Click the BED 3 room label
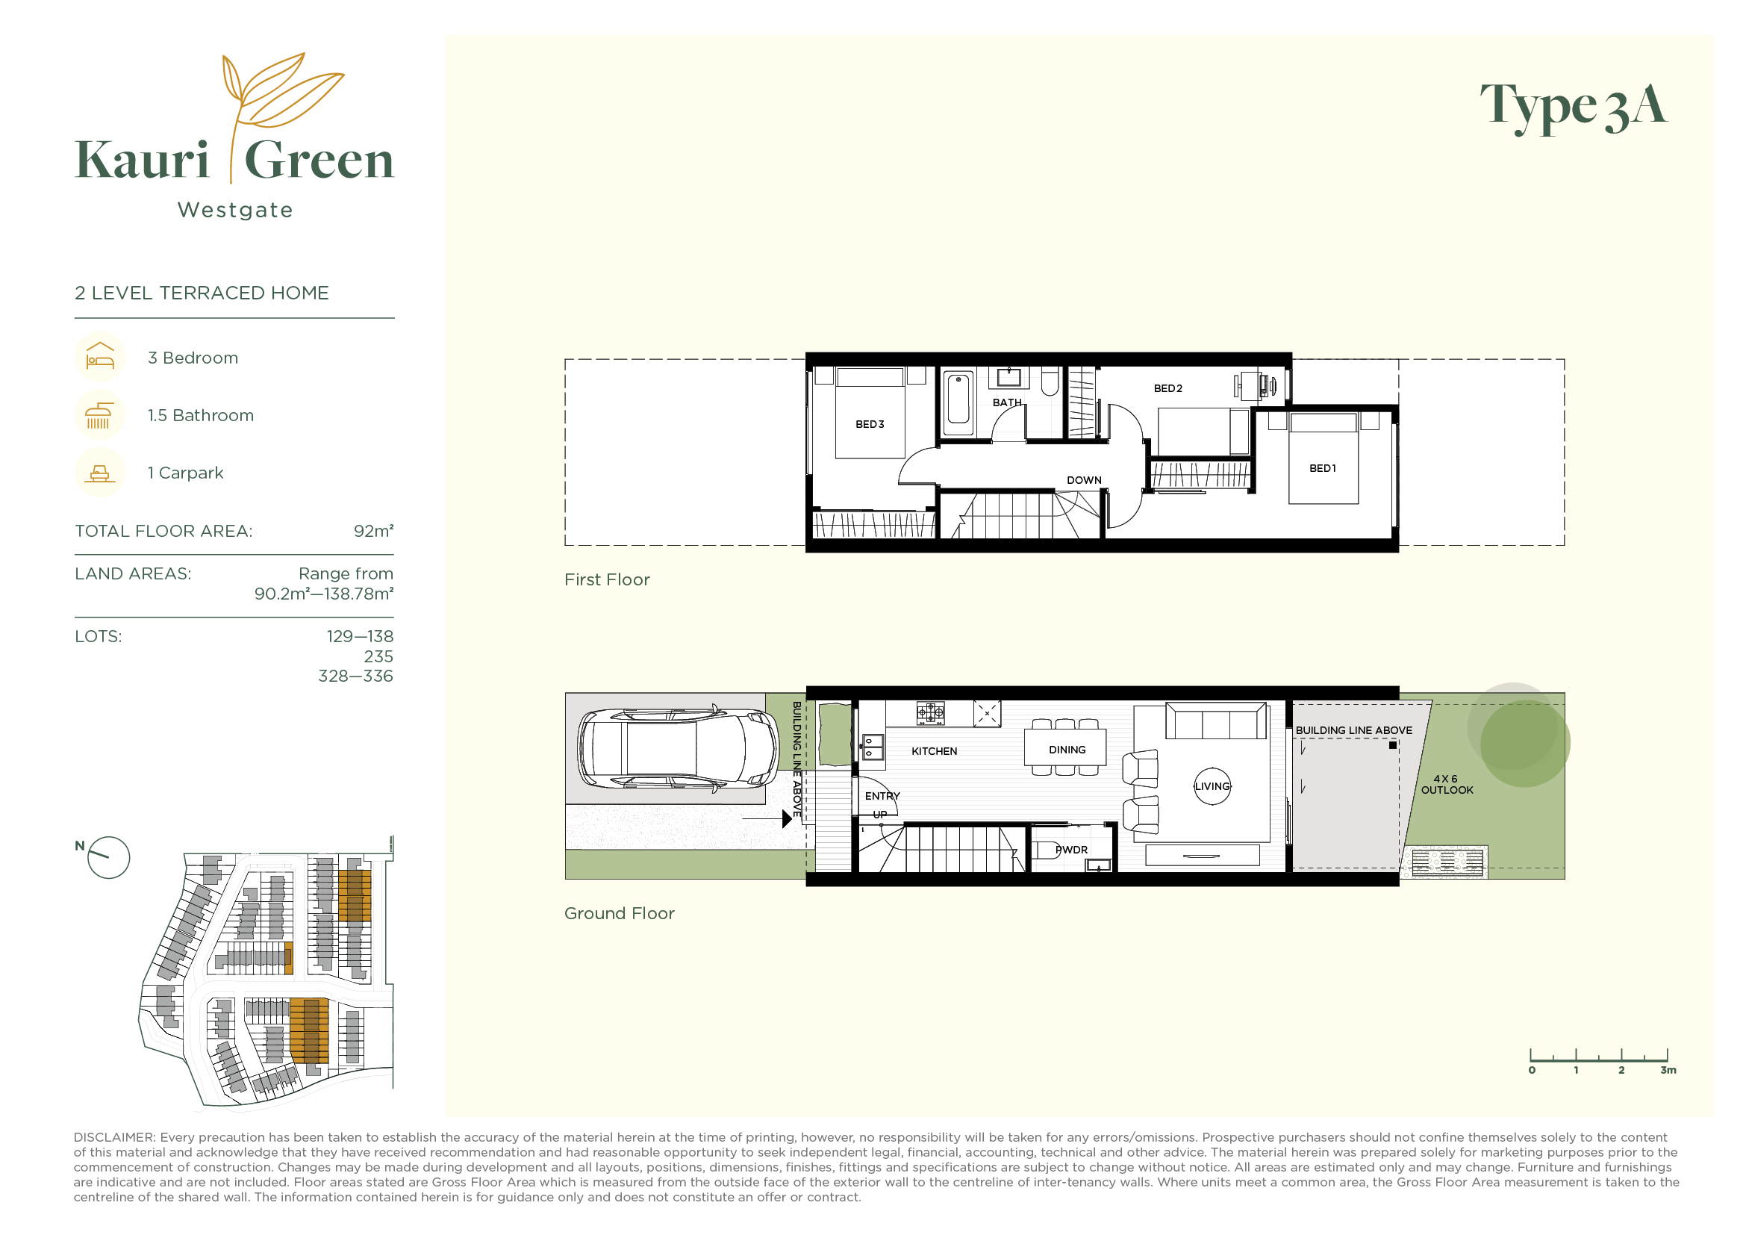tap(870, 424)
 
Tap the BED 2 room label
tap(1168, 388)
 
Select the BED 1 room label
tap(1323, 468)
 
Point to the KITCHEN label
tap(934, 751)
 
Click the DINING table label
tap(1067, 750)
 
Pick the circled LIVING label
tap(1212, 786)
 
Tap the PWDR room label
tap(1071, 850)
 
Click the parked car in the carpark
tap(678, 748)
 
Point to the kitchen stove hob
tap(930, 713)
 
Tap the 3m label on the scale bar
tap(1668, 1070)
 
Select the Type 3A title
tap(1574, 108)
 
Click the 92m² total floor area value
tap(373, 531)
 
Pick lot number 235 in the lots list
tap(378, 656)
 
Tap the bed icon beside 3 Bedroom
tap(99, 357)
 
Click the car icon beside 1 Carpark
tap(99, 473)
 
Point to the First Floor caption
tap(607, 579)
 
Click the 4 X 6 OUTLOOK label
tap(1447, 785)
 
